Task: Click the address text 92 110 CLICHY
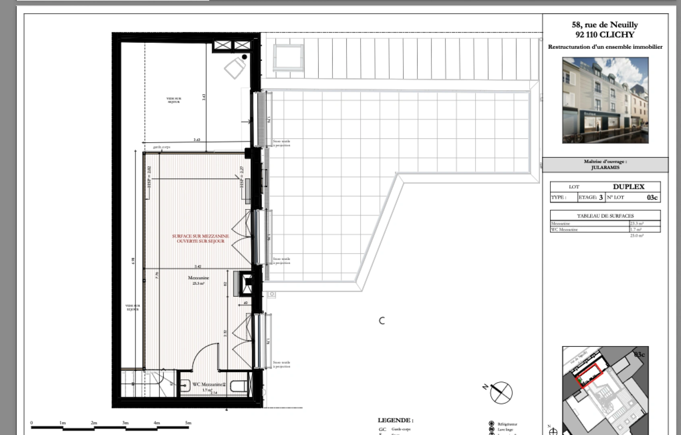(604, 35)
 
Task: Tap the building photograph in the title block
(605, 100)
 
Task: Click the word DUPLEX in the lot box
(628, 186)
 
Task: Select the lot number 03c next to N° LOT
(652, 197)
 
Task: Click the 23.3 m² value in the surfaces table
(637, 224)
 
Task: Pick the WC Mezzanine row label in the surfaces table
(564, 230)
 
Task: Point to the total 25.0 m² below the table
(637, 236)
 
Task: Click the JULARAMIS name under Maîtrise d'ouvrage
(605, 168)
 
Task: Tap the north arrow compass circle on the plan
(501, 392)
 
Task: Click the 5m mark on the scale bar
(188, 423)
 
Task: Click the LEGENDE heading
(395, 420)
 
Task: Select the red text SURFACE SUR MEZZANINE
(200, 236)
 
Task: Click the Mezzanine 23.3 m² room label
(198, 280)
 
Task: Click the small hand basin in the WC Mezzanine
(185, 386)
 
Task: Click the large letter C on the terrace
(382, 321)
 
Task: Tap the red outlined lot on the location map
(590, 375)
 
